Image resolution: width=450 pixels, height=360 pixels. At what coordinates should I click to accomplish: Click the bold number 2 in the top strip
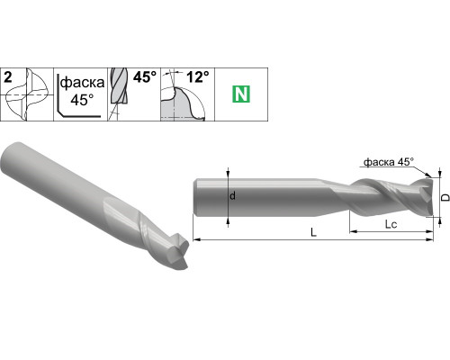[8, 77]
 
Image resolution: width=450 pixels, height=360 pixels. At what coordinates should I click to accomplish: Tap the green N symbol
[241, 94]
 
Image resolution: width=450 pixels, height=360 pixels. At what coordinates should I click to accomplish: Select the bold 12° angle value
[198, 77]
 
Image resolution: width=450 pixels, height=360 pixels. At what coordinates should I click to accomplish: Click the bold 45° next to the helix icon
[145, 77]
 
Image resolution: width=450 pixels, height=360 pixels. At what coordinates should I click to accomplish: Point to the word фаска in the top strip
[82, 83]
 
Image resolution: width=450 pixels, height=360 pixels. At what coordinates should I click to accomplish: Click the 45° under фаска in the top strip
[82, 100]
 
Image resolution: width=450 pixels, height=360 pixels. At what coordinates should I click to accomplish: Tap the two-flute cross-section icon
[28, 94]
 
